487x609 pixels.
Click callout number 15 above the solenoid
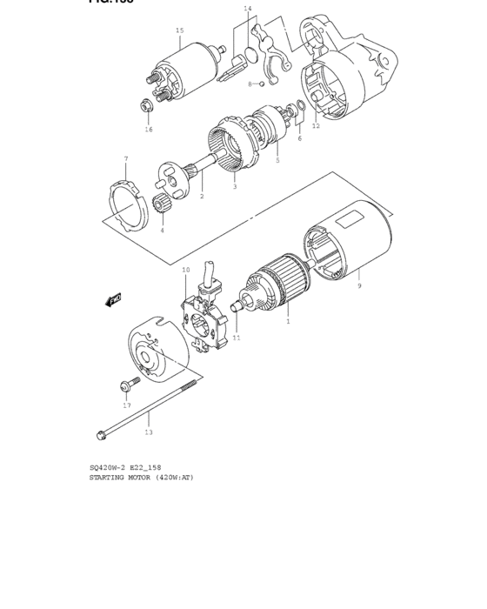[x=179, y=30]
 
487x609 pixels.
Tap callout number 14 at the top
[x=247, y=9]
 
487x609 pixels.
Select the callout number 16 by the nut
[x=148, y=129]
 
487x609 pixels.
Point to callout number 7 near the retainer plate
[x=125, y=159]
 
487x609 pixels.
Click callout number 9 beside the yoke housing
[x=358, y=286]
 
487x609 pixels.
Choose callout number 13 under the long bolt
[x=148, y=432]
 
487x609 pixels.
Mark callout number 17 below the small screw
[x=126, y=405]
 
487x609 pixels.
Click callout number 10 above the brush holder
[x=185, y=271]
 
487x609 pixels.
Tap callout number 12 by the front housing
[x=316, y=126]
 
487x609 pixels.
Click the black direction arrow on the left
[x=112, y=301]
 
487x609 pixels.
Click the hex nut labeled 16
[x=147, y=108]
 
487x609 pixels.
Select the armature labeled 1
[x=277, y=284]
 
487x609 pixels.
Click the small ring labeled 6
[x=299, y=109]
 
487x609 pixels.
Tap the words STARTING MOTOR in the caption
[x=121, y=478]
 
